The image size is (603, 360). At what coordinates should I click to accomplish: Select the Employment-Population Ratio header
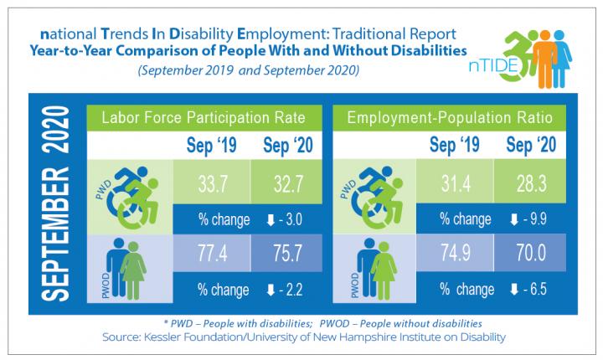click(x=447, y=116)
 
